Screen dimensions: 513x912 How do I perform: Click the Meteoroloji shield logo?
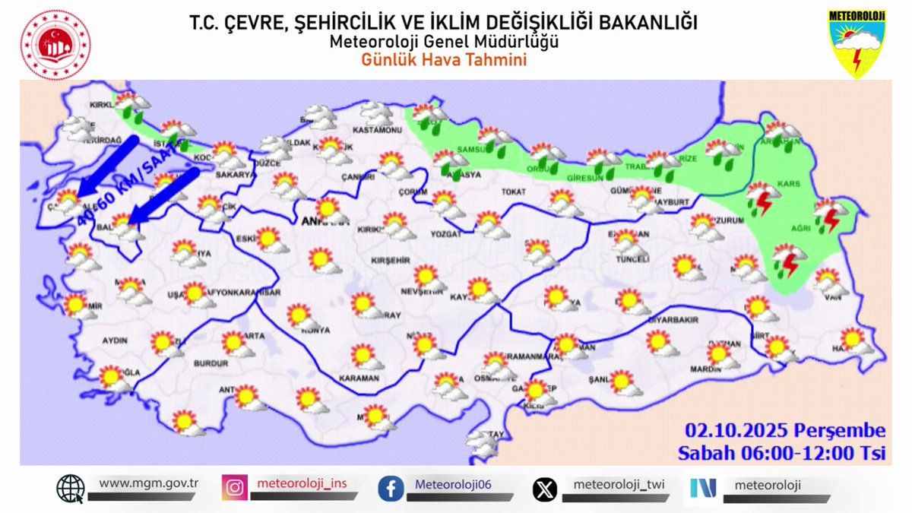pyautogui.click(x=858, y=44)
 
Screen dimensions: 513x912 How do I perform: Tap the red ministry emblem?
pyautogui.click(x=55, y=45)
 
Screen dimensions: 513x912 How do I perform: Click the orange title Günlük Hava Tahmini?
pyautogui.click(x=444, y=60)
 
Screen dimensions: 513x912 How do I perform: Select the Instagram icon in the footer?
pyautogui.click(x=235, y=488)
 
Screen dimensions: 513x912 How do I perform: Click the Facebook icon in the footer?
pyautogui.click(x=391, y=488)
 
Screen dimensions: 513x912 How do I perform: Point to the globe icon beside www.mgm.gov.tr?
pyautogui.click(x=71, y=488)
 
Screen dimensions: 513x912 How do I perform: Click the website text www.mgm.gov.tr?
pyautogui.click(x=148, y=483)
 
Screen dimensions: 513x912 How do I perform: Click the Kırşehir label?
pyautogui.click(x=390, y=261)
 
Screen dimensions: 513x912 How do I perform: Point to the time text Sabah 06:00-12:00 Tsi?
pyautogui.click(x=782, y=454)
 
